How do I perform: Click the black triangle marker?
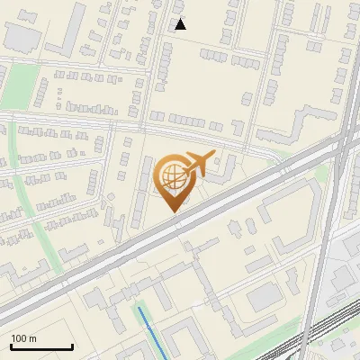point(180,24)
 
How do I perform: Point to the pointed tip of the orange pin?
point(172,211)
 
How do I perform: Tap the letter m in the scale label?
point(33,338)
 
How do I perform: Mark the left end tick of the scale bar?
point(11,346)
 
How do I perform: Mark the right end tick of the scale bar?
point(72,346)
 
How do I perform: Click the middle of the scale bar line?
point(41,347)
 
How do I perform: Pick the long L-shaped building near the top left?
point(67,31)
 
